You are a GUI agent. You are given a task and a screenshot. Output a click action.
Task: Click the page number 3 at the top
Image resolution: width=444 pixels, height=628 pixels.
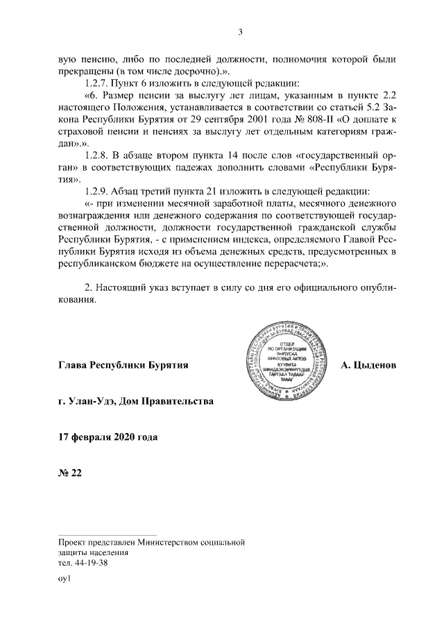point(240,31)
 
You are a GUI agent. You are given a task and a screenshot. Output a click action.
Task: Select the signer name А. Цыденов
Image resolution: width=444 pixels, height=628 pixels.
point(368,364)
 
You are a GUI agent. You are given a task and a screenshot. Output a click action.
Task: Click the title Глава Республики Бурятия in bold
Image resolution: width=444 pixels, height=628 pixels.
point(124,364)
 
